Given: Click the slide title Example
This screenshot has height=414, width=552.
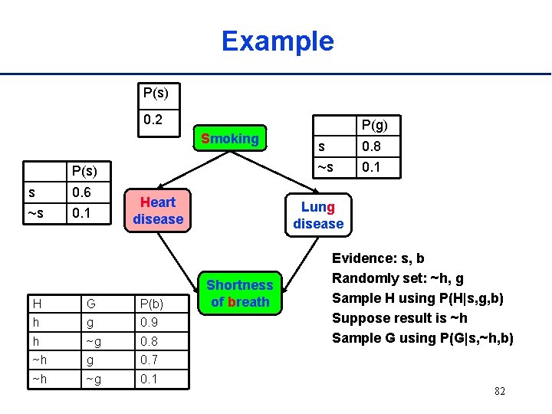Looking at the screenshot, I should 278,41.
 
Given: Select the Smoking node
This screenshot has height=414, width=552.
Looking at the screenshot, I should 229,139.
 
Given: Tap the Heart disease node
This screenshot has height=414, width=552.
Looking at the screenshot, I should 158,211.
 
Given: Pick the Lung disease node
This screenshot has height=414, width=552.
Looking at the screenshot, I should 318,215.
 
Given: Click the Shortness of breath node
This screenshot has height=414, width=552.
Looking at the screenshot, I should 240,294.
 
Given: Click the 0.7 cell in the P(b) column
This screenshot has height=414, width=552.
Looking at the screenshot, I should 150,359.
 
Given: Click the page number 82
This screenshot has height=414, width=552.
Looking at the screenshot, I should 499,392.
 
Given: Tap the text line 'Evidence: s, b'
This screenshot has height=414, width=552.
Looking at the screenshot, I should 377,258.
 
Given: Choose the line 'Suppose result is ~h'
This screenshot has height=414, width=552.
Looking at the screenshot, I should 399,318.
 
